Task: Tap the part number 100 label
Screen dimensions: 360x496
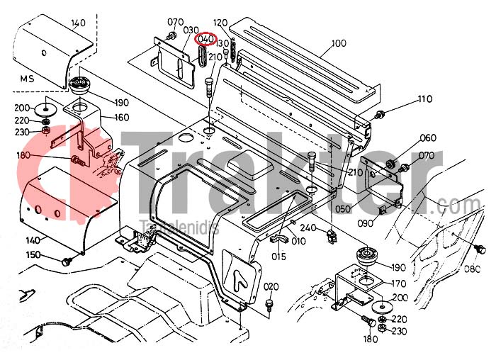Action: pyautogui.click(x=338, y=43)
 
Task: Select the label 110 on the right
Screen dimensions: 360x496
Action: pyautogui.click(x=424, y=99)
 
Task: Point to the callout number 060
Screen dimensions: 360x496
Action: pyautogui.click(x=428, y=138)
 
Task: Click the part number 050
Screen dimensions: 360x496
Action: pyautogui.click(x=343, y=209)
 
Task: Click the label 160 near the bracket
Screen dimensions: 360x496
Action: pyautogui.click(x=121, y=118)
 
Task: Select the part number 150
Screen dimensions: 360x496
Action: pyautogui.click(x=34, y=254)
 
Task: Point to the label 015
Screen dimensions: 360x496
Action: pyautogui.click(x=279, y=256)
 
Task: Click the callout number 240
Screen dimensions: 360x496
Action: pyautogui.click(x=308, y=227)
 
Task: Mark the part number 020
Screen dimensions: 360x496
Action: pyautogui.click(x=271, y=286)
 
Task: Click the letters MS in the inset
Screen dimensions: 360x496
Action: pyautogui.click(x=28, y=78)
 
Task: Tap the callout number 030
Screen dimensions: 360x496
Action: pyautogui.click(x=191, y=30)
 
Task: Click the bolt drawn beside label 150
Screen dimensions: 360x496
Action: pyautogui.click(x=67, y=261)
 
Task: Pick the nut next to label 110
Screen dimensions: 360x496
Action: pyautogui.click(x=381, y=115)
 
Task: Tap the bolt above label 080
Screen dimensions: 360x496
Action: pyautogui.click(x=479, y=248)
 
